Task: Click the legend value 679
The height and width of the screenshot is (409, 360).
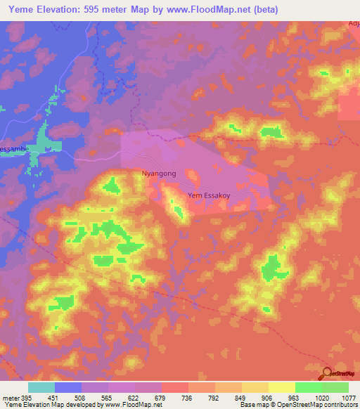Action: pyautogui.click(x=161, y=398)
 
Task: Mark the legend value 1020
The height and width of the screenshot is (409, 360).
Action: pyautogui.click(x=321, y=398)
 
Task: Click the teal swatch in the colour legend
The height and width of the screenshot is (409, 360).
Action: pyautogui.click(x=41, y=387)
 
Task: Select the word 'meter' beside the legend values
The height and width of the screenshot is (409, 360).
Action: pyautogui.click(x=10, y=398)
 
